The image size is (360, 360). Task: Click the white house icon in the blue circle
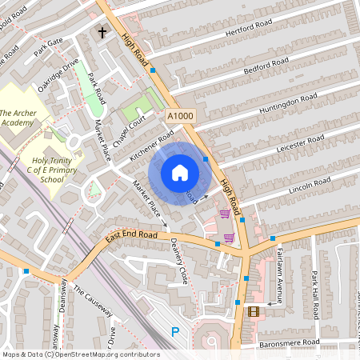tap(180, 173)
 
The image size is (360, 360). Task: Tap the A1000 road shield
tap(180, 117)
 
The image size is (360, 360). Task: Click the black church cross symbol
tap(102, 33)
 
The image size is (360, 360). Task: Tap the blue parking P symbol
tap(175, 332)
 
